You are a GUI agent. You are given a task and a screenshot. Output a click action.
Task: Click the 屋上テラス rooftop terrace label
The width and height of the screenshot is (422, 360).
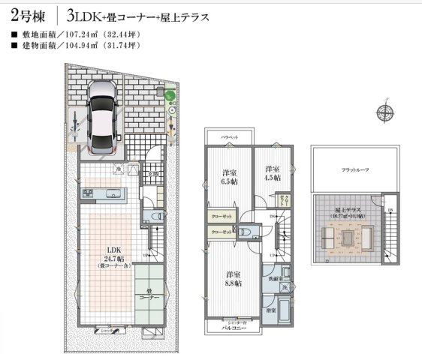pyautogui.click(x=347, y=211)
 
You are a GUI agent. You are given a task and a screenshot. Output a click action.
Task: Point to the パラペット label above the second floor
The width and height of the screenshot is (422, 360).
pyautogui.click(x=229, y=137)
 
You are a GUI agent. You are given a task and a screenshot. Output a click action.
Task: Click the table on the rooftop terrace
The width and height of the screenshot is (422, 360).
pyautogui.click(x=348, y=237)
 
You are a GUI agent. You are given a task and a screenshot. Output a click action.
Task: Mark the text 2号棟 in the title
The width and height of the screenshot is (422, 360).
pyautogui.click(x=26, y=15)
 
